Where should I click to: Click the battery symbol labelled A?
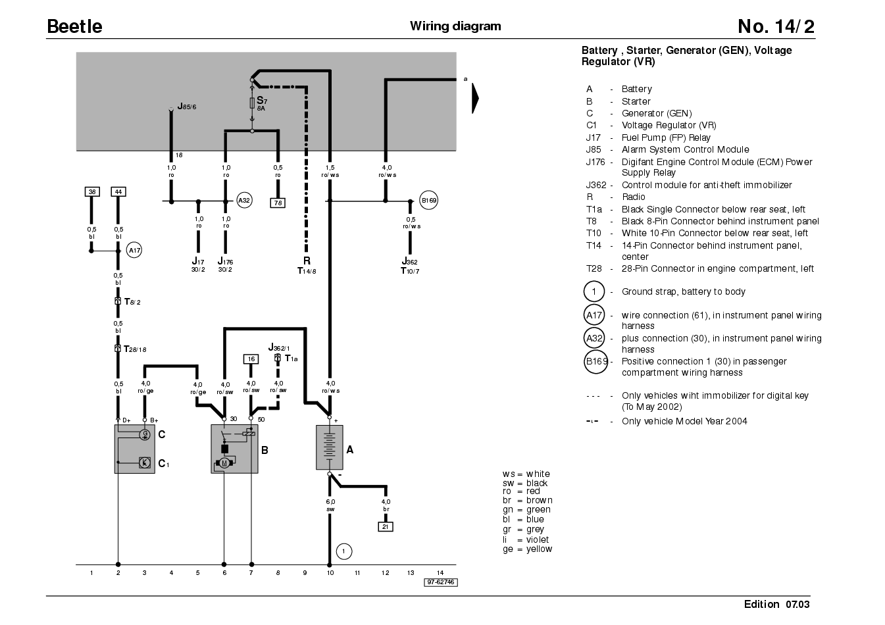pyautogui.click(x=329, y=447)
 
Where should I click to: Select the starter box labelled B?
pyautogui.click(x=234, y=449)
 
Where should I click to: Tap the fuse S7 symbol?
pyautogui.click(x=252, y=103)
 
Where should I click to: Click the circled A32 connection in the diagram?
pyautogui.click(x=244, y=200)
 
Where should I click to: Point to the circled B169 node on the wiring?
pyautogui.click(x=428, y=200)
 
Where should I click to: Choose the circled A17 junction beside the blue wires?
pyautogui.click(x=134, y=250)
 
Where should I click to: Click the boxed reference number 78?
pyautogui.click(x=278, y=203)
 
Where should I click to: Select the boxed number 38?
pyautogui.click(x=92, y=191)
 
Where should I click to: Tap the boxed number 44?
pyautogui.click(x=118, y=191)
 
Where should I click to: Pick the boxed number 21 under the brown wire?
pyautogui.click(x=386, y=526)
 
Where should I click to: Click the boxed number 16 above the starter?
pyautogui.click(x=251, y=359)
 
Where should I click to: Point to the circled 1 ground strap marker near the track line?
pyautogui.click(x=343, y=551)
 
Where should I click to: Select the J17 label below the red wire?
pyautogui.click(x=198, y=261)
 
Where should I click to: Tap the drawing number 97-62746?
pyautogui.click(x=441, y=582)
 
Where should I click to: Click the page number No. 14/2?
pyautogui.click(x=776, y=26)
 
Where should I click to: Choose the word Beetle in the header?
pyautogui.click(x=74, y=26)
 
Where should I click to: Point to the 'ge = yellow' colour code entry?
pyautogui.click(x=528, y=549)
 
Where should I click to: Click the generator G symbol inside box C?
pyautogui.click(x=145, y=434)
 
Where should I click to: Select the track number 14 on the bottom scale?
pyautogui.click(x=440, y=573)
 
